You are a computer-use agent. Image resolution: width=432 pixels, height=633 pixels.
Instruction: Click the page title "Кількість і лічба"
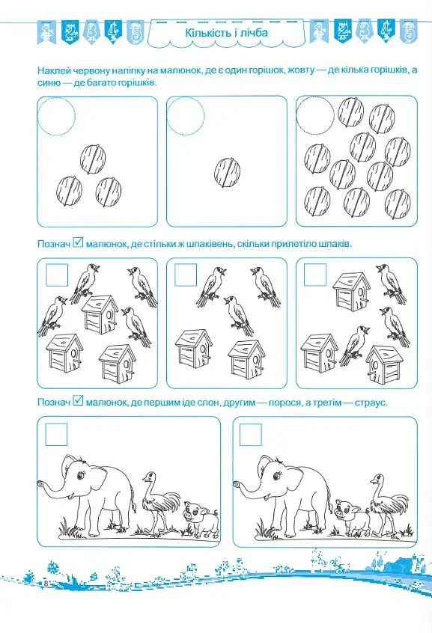226,33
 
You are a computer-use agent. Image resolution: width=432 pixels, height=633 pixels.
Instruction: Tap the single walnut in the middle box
227,172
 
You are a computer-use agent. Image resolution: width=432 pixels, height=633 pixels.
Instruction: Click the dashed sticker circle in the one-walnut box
186,116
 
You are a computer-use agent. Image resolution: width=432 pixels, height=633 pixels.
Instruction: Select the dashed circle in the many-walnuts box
315,115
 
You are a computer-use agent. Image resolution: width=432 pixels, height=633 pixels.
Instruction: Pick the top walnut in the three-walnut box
93,159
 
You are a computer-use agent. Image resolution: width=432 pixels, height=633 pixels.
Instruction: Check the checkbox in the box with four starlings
57,275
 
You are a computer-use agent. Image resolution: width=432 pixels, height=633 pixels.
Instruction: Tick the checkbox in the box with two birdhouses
186,275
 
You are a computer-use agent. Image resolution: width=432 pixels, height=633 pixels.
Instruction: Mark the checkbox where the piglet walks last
56,435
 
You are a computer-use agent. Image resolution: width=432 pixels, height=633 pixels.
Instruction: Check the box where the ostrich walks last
251,435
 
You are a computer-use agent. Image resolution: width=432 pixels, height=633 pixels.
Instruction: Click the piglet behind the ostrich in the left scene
201,519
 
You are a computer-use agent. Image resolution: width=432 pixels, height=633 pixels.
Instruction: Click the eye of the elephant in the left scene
81,477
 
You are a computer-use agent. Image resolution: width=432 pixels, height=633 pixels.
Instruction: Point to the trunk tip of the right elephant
237,483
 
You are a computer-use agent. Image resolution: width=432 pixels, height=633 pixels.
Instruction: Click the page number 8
46,584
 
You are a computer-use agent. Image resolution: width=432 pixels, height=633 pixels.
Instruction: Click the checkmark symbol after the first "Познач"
78,243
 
